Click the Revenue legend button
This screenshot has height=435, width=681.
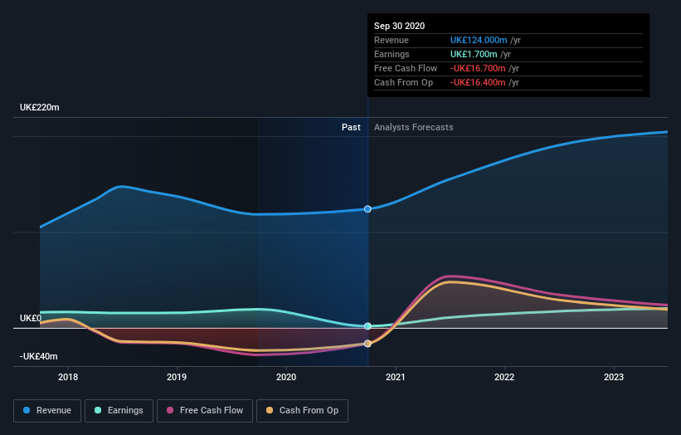point(47,410)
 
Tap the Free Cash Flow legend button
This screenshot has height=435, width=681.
point(205,410)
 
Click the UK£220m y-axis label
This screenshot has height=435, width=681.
point(39,108)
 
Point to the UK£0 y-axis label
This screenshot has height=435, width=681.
point(31,318)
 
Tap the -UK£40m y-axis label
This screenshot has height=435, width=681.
point(39,356)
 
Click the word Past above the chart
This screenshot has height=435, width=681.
point(351,127)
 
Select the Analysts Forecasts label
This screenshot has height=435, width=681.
point(414,127)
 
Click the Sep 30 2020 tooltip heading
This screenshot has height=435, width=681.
point(399,26)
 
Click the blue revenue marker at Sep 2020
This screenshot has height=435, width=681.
point(367,209)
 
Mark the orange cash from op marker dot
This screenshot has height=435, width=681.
point(367,344)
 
